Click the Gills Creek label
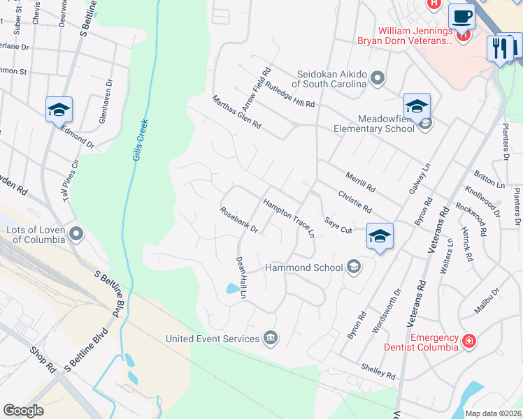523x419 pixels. (x=139, y=140)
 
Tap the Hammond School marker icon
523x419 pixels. (x=354, y=267)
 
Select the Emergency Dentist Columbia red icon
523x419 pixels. (x=469, y=341)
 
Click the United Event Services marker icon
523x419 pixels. (x=271, y=339)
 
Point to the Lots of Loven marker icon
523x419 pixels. (x=76, y=233)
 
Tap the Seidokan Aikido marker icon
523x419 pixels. (x=378, y=78)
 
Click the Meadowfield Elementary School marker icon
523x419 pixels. (x=425, y=124)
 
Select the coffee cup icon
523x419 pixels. (x=461, y=15)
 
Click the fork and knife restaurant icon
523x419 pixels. (x=499, y=48)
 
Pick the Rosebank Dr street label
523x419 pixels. (x=239, y=220)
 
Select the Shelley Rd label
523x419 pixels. (x=378, y=371)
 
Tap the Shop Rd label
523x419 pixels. (x=42, y=358)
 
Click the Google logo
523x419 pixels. (x=23, y=411)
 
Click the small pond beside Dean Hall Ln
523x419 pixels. (x=232, y=288)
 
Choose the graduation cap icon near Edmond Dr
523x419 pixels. (x=59, y=109)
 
